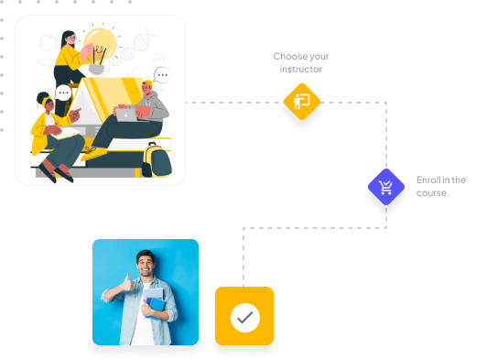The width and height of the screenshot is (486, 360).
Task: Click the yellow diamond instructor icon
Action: click(302, 102)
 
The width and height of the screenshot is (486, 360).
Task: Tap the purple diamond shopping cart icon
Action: click(386, 187)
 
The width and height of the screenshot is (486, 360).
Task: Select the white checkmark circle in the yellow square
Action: click(245, 318)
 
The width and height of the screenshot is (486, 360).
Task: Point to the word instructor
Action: click(300, 70)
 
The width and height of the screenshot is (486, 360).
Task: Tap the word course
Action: click(432, 193)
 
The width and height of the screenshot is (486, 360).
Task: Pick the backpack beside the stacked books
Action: click(157, 159)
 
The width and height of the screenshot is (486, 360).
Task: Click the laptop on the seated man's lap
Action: click(126, 115)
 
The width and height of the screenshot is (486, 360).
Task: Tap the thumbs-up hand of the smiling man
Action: click(127, 282)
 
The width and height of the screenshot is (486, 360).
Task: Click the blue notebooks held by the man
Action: click(155, 305)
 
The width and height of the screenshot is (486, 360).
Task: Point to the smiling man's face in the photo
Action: click(146, 265)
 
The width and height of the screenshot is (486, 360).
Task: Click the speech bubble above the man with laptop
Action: click(162, 75)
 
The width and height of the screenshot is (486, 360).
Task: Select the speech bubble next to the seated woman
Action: click(63, 93)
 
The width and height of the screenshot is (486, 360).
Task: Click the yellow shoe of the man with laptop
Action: click(93, 153)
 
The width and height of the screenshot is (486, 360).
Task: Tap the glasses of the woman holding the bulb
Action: click(72, 38)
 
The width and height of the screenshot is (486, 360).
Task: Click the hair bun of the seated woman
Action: click(42, 97)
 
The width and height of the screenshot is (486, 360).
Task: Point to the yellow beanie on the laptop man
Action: click(148, 83)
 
